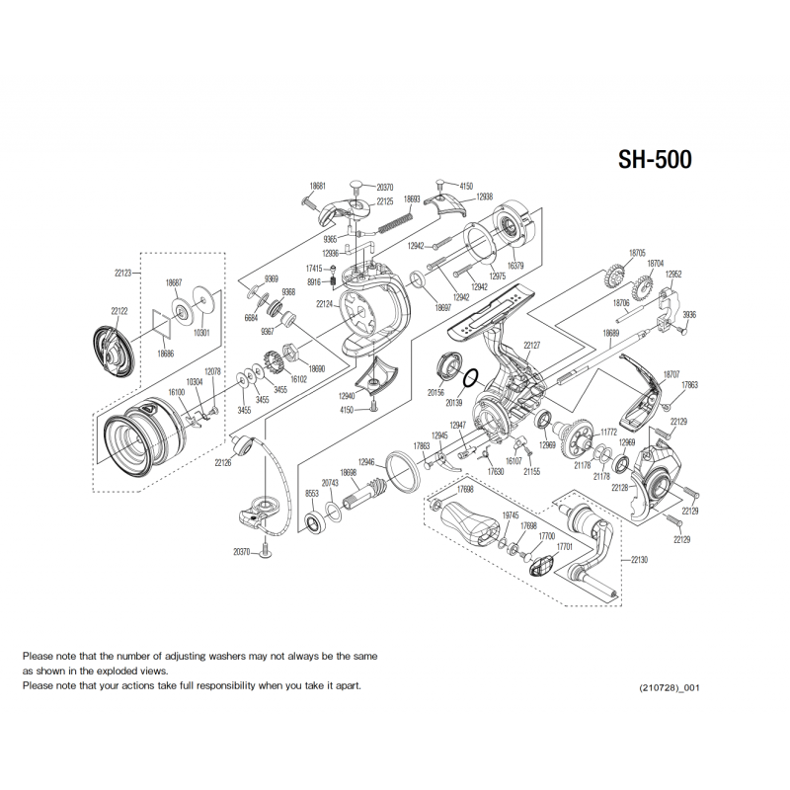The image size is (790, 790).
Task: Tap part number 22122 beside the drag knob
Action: [118, 311]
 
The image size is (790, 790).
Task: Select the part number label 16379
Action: [515, 266]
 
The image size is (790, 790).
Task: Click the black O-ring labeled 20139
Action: [471, 377]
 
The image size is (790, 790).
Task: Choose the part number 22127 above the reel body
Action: [532, 345]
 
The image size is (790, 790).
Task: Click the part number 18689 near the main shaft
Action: [611, 334]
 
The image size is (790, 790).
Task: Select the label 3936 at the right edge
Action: [689, 314]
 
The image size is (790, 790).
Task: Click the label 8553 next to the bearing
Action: [312, 493]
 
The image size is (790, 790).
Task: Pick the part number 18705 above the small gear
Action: [637, 253]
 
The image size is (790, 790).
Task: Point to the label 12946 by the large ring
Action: [366, 462]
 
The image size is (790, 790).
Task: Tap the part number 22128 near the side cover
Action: [619, 489]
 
